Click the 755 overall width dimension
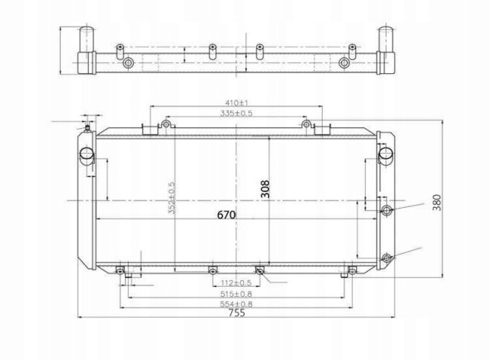(x=237, y=313)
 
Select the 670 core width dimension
(x=226, y=215)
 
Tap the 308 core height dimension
(x=265, y=189)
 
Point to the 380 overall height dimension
(x=437, y=202)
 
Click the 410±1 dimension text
(x=236, y=102)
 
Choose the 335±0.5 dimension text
(x=236, y=113)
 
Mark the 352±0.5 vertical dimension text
(x=171, y=198)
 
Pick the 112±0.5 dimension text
(x=236, y=283)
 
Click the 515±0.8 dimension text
(x=236, y=293)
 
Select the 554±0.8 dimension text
(x=236, y=304)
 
